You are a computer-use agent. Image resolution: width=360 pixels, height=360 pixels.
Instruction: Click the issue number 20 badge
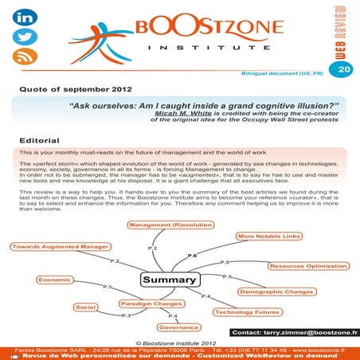[343, 70]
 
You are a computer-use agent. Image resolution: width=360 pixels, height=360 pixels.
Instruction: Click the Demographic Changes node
[276, 292]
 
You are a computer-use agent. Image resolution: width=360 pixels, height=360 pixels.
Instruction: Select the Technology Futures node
[246, 311]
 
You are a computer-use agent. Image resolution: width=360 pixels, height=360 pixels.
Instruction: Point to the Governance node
[178, 327]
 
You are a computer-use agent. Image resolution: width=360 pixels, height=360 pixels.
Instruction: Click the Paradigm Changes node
[147, 303]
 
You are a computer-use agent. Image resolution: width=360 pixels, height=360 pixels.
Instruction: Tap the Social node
[85, 307]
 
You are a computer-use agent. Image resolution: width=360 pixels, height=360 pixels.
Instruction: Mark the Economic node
[54, 280]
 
